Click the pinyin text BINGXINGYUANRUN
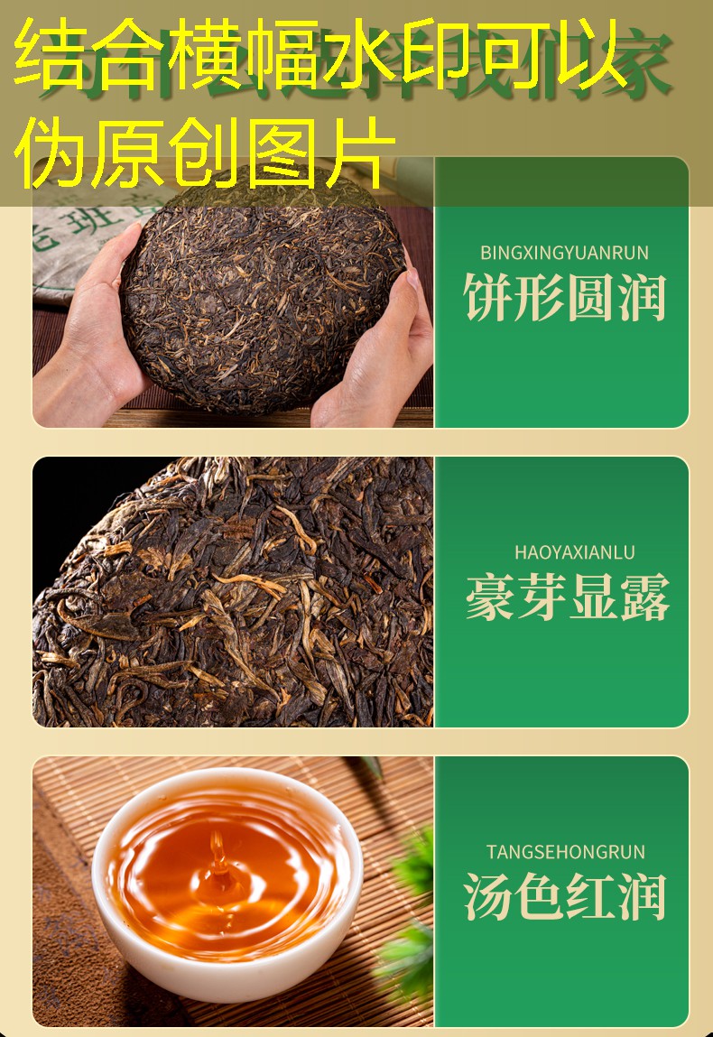pyautogui.click(x=564, y=253)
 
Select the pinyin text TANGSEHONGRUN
pyautogui.click(x=565, y=852)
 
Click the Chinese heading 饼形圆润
pyautogui.click(x=565, y=298)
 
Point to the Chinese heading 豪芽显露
pyautogui.click(x=568, y=597)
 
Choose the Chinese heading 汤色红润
pyautogui.click(x=565, y=896)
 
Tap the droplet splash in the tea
pyautogui.click(x=218, y=857)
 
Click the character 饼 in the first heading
pyautogui.click(x=489, y=298)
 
